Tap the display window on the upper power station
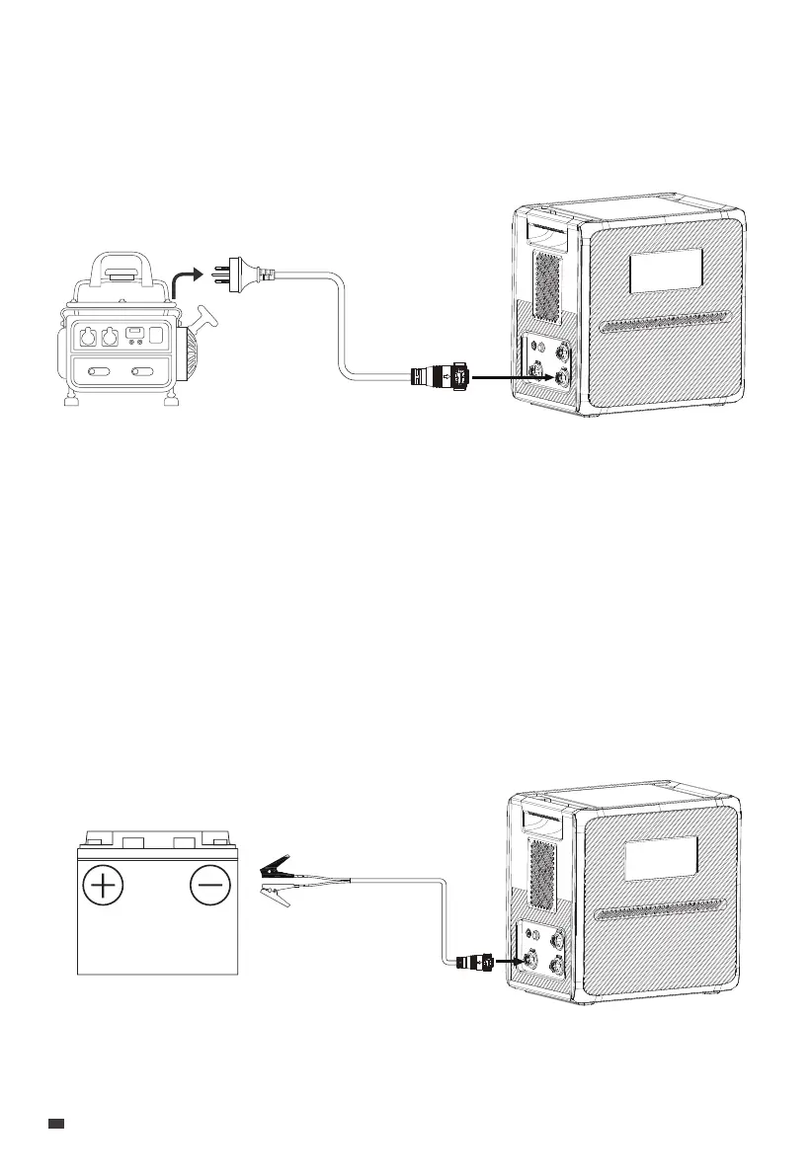[666, 271]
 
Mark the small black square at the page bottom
[56, 1124]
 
